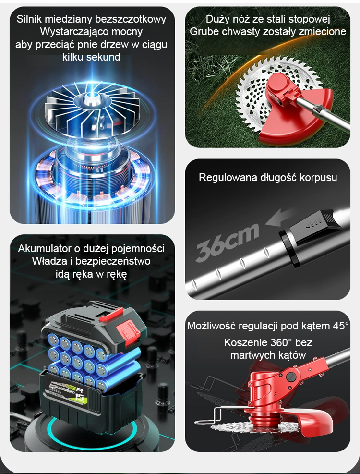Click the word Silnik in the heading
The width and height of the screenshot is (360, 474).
pyautogui.click(x=29, y=19)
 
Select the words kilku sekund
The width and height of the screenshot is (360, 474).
pyautogui.click(x=91, y=57)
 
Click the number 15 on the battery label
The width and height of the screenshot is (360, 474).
pyautogui.click(x=81, y=400)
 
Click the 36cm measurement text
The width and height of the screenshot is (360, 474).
pyautogui.click(x=228, y=243)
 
